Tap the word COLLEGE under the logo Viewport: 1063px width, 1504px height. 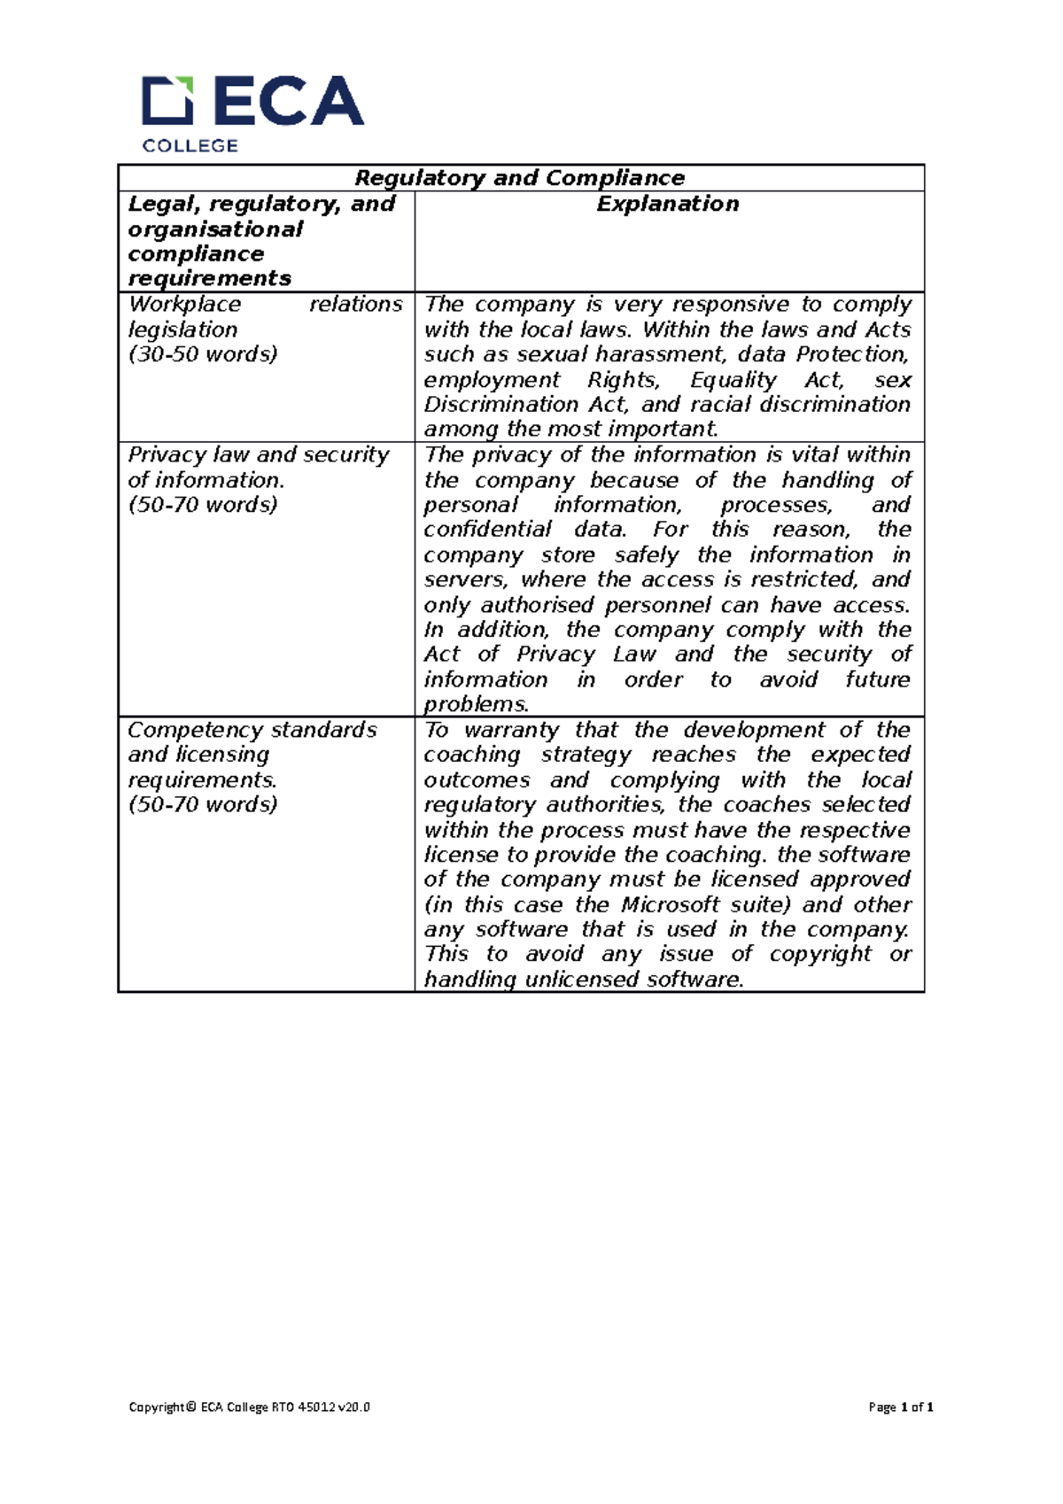pos(190,146)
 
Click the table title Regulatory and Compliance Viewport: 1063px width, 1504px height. pos(519,178)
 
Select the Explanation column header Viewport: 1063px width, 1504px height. pos(667,204)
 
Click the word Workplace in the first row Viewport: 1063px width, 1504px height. pos(184,304)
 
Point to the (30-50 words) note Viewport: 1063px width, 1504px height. pos(203,354)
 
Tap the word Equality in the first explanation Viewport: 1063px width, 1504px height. pos(733,380)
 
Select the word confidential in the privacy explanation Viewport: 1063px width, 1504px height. pos(487,530)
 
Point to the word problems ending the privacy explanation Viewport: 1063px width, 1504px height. pos(475,705)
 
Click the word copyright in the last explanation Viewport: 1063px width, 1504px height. pos(820,955)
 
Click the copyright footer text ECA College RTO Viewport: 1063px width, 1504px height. pos(249,1407)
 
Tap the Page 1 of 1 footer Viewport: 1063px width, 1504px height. pos(901,1407)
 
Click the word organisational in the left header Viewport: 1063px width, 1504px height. pos(215,229)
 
